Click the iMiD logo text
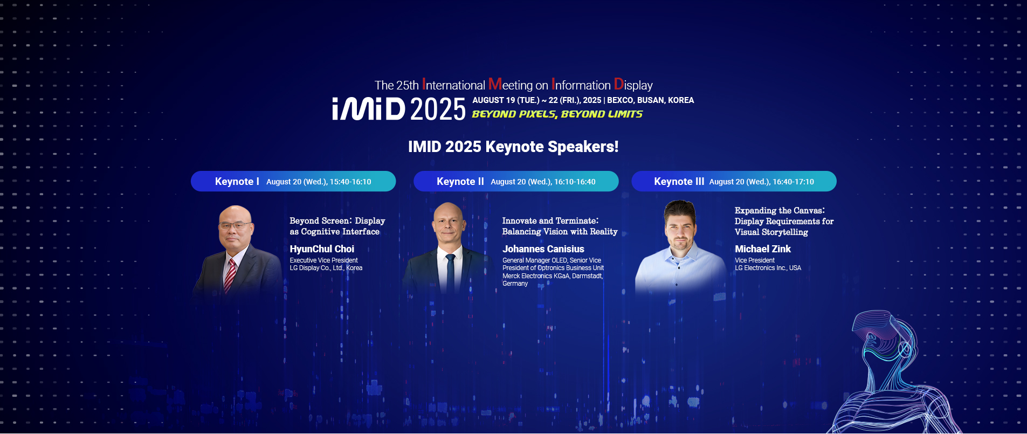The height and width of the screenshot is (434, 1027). click(x=369, y=109)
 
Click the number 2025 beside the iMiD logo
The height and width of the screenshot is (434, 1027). click(x=437, y=109)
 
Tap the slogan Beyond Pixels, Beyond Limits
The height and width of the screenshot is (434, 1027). click(x=557, y=114)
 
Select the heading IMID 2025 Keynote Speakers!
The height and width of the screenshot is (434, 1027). click(x=513, y=147)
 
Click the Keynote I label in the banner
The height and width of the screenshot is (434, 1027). click(x=237, y=182)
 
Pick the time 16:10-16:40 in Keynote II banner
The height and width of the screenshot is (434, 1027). click(x=575, y=182)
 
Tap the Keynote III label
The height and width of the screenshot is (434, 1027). click(x=679, y=182)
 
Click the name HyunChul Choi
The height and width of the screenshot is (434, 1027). click(x=322, y=249)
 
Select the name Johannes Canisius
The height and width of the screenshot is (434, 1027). click(x=543, y=249)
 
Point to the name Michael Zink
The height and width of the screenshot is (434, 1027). click(x=762, y=249)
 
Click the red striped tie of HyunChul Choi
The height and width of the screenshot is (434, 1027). click(x=230, y=274)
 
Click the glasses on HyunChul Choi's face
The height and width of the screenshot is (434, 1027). click(x=236, y=225)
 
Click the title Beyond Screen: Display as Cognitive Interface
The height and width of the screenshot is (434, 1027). click(x=337, y=226)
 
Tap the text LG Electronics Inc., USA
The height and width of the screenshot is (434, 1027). click(x=768, y=268)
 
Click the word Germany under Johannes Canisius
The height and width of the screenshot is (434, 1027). click(x=515, y=284)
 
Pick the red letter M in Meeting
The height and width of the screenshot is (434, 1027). click(x=495, y=85)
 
